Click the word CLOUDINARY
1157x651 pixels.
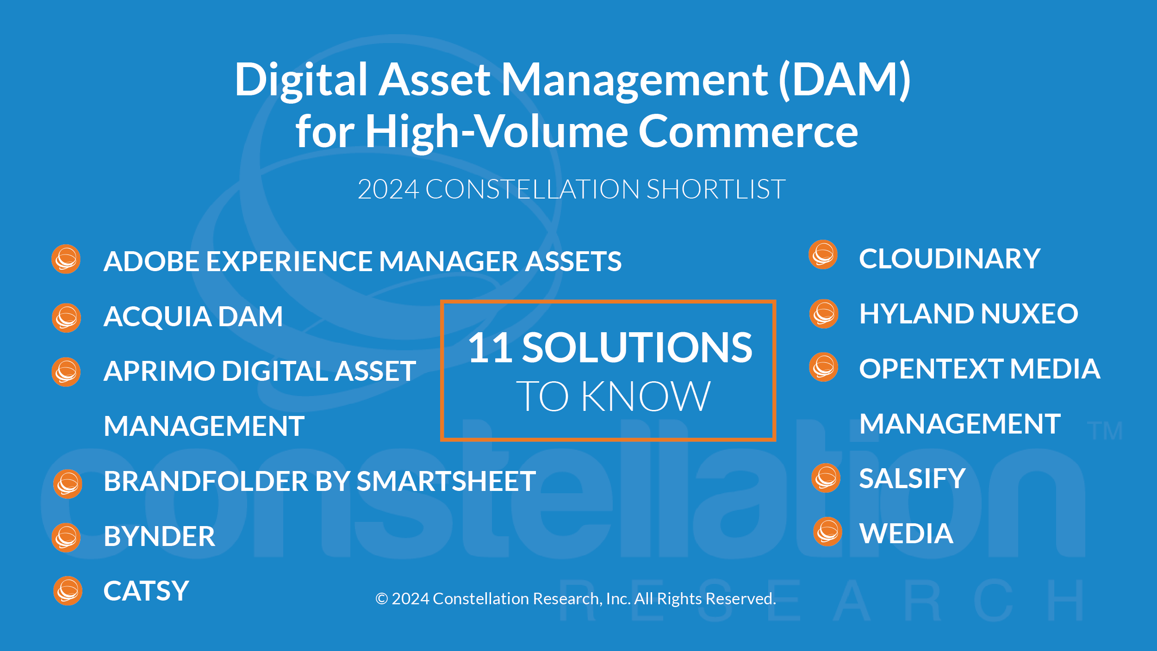[x=950, y=258]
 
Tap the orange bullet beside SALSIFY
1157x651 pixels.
[x=826, y=478]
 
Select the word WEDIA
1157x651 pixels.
[x=906, y=533]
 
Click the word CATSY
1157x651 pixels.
[x=146, y=591]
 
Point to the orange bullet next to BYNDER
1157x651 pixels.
[x=66, y=538]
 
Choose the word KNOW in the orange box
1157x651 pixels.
[x=646, y=396]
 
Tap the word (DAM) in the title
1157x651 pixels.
[x=845, y=80]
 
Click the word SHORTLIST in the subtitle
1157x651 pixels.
[x=716, y=189]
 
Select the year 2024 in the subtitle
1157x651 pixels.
[x=388, y=189]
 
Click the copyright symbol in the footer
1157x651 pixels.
[x=381, y=599]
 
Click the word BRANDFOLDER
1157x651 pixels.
[x=206, y=481]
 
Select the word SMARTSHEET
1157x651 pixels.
[x=446, y=481]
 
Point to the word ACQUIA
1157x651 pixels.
[x=157, y=316]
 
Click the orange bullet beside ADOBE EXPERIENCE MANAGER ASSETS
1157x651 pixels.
[x=66, y=259]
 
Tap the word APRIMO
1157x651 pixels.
[x=160, y=371]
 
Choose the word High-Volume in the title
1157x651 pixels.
[x=497, y=132]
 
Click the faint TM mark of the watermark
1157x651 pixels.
[x=1105, y=431]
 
